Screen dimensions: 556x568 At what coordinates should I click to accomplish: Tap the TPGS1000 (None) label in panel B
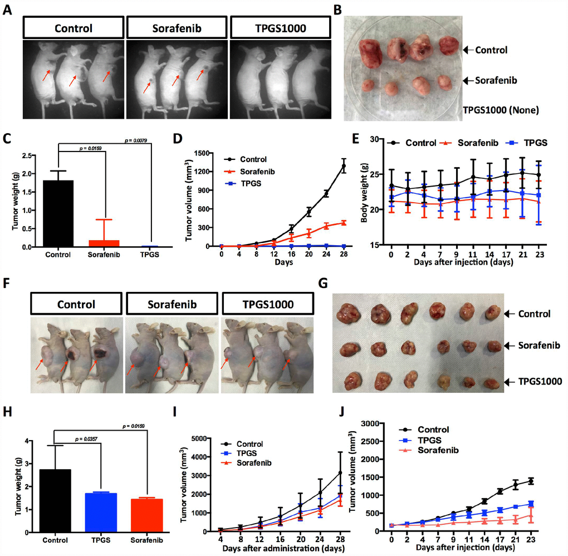pos(501,110)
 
